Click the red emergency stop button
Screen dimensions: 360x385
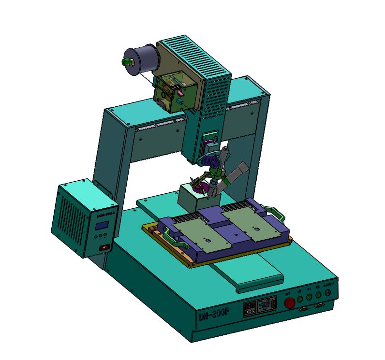(290, 303)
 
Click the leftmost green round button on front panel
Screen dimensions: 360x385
(300, 299)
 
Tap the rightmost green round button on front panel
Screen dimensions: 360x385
(318, 295)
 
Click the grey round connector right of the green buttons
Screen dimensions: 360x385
(328, 293)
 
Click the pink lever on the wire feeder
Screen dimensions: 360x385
(178, 90)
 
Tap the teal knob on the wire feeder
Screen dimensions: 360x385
(180, 101)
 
